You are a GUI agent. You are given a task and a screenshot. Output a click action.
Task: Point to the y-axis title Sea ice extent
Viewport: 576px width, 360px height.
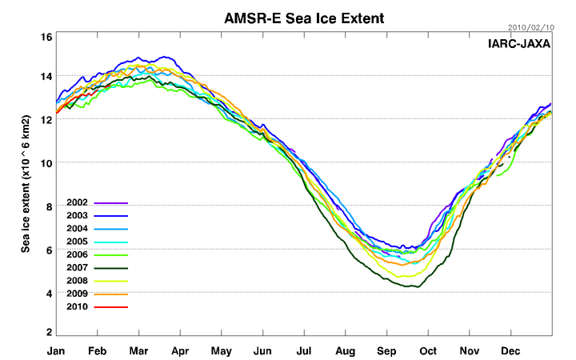click(x=27, y=182)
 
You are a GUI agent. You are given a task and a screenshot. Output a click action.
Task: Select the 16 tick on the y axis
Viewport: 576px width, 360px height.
click(x=46, y=37)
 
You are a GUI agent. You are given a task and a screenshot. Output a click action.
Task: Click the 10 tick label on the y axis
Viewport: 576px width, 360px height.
click(x=46, y=163)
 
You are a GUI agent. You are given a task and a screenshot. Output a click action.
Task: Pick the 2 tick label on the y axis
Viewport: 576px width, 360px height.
click(x=49, y=332)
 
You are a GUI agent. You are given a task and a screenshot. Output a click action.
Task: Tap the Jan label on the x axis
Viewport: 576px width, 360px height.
click(x=55, y=350)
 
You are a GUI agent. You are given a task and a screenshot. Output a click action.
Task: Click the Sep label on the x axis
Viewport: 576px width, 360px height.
click(x=387, y=350)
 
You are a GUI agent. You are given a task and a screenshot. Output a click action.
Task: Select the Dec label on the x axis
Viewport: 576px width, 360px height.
click(x=512, y=350)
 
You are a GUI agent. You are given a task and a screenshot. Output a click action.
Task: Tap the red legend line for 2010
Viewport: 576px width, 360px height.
click(x=111, y=306)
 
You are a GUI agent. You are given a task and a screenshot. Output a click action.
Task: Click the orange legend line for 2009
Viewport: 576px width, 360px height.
click(x=111, y=294)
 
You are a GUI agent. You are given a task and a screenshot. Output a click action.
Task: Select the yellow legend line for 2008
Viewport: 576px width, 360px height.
click(x=111, y=281)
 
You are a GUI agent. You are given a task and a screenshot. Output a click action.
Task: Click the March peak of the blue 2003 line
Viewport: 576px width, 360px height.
click(x=166, y=57)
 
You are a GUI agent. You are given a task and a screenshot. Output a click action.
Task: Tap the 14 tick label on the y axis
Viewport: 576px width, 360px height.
click(x=46, y=75)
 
